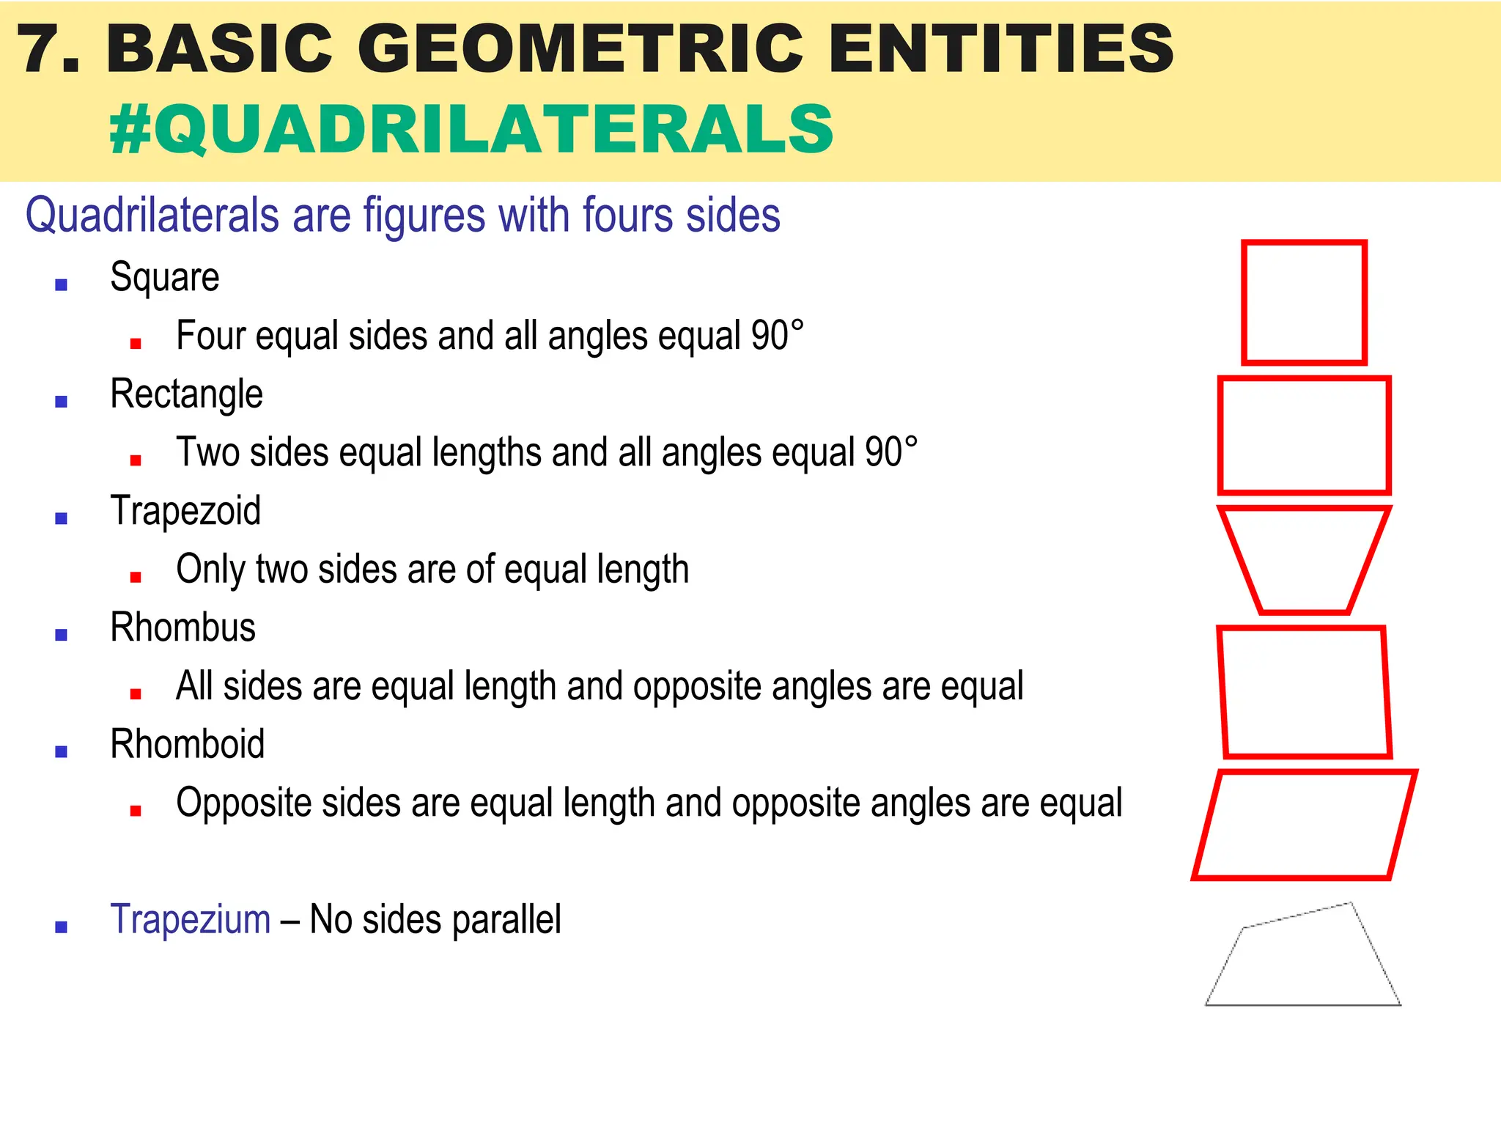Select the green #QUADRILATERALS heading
click(x=471, y=129)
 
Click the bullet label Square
click(x=164, y=277)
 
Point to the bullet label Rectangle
click(x=186, y=394)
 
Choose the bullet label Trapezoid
click(x=185, y=511)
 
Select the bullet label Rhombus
click(x=182, y=628)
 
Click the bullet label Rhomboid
click(x=187, y=744)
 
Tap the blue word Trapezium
click(x=191, y=919)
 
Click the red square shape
click(x=1305, y=302)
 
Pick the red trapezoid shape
click(x=1305, y=559)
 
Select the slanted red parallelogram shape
click(x=1305, y=824)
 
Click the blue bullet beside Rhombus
click(x=62, y=635)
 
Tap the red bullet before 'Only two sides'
click(x=136, y=577)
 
